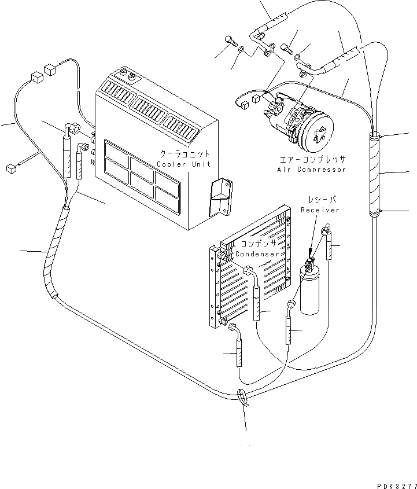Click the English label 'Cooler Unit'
[184, 164]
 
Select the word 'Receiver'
[320, 210]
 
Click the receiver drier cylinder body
[311, 292]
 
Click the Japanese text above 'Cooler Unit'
[185, 155]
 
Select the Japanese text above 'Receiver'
[320, 200]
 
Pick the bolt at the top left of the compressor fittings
[230, 40]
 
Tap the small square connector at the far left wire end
[9, 168]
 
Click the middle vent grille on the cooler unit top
[149, 108]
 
